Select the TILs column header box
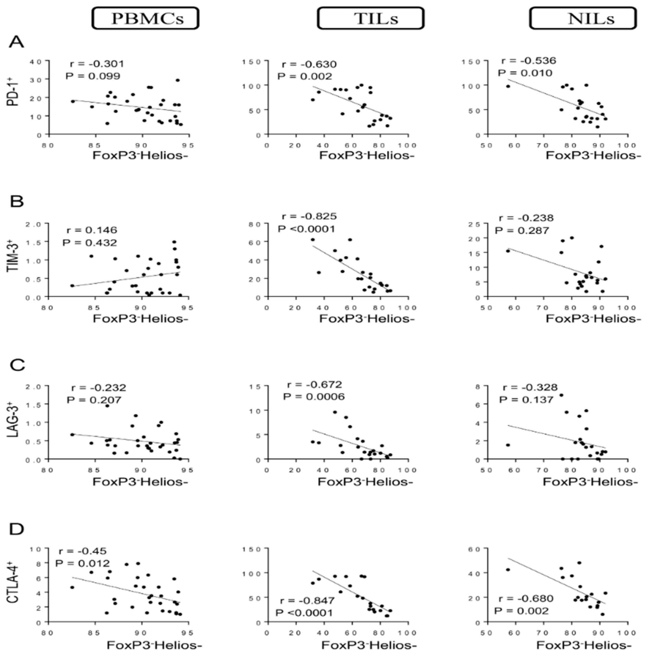371,19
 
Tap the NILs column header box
583,19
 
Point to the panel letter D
16,530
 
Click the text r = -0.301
97,63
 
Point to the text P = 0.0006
314,396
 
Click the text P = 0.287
522,230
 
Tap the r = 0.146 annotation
92,230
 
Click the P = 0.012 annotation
83,563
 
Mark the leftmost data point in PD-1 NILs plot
508,86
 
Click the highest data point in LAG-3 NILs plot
561,395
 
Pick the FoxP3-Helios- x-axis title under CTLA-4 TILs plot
369,645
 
